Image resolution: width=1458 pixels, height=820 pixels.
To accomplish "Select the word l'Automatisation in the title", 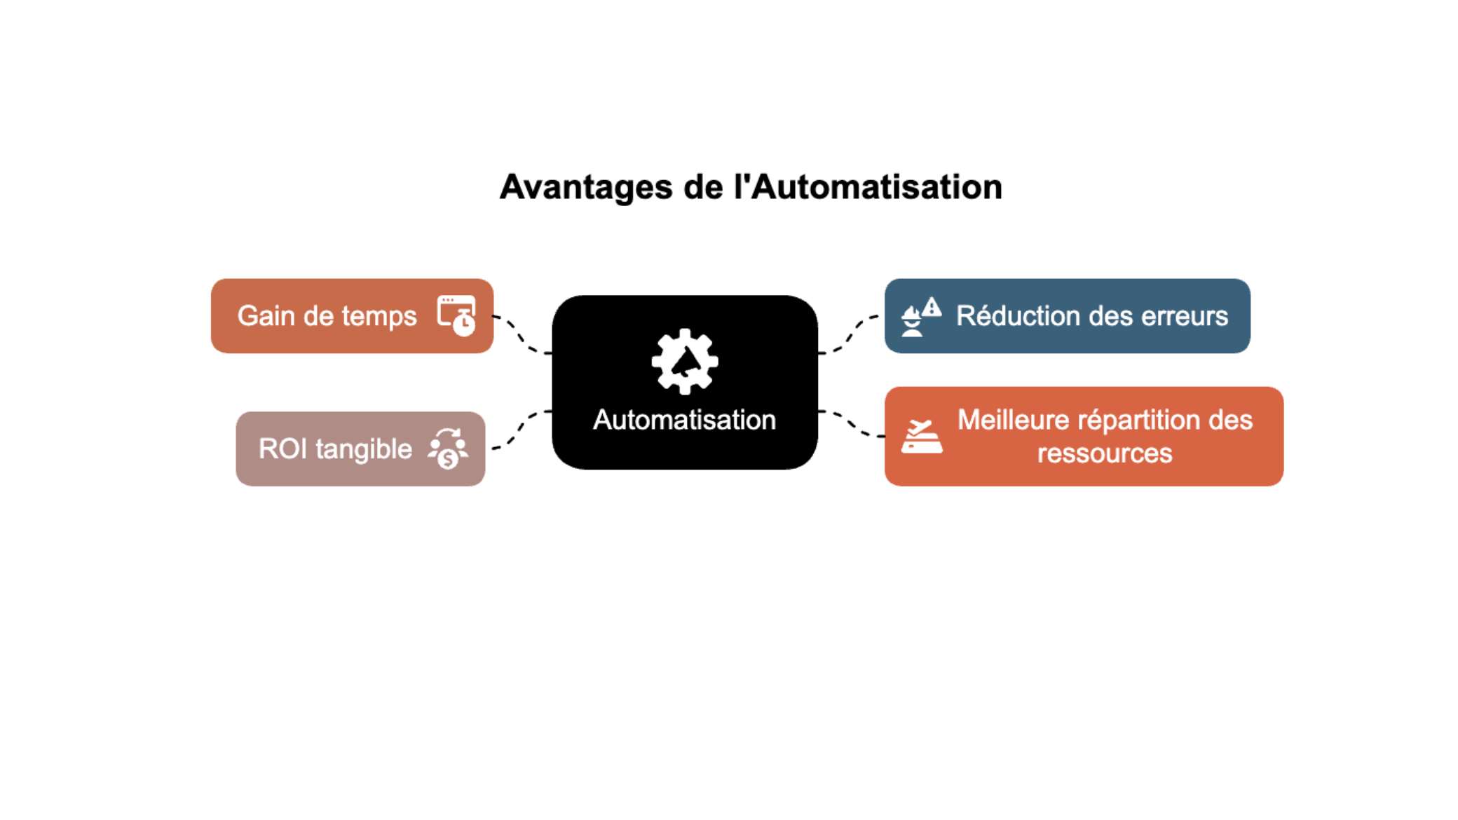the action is [x=868, y=187].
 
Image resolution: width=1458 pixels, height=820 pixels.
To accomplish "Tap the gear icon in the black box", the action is [x=685, y=362].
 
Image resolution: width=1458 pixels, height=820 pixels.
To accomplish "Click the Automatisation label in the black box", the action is [x=684, y=420].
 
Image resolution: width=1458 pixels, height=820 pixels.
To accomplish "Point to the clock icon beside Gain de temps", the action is [x=456, y=315].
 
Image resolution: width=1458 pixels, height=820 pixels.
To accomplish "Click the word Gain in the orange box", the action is [x=266, y=316].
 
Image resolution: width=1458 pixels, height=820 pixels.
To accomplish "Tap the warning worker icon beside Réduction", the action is [x=921, y=317].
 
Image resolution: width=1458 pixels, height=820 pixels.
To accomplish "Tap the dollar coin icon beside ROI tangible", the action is [x=448, y=449].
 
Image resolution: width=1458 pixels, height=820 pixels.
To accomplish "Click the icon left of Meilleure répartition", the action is [x=922, y=436].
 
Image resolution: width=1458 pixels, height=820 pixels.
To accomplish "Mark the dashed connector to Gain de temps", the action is [x=522, y=335].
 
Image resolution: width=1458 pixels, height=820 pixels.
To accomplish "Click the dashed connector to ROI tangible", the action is [x=522, y=428].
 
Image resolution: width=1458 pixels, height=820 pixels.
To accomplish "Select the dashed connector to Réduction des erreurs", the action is [x=848, y=334].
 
